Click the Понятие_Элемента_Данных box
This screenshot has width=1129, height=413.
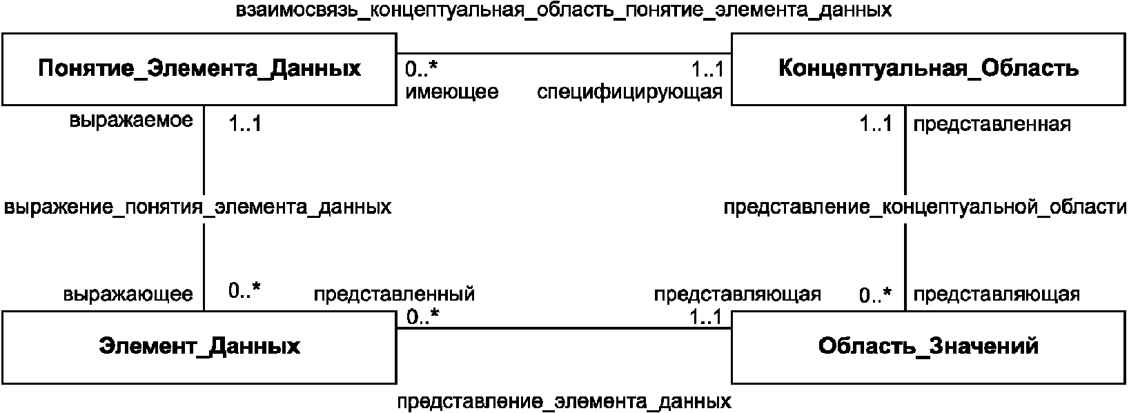pyautogui.click(x=199, y=69)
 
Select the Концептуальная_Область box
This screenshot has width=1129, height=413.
pyautogui.click(x=928, y=69)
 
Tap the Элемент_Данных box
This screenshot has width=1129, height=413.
pyautogui.click(x=199, y=346)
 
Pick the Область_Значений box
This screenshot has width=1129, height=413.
pyautogui.click(x=928, y=346)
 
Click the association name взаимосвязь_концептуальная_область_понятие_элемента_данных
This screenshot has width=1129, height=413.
pyautogui.click(x=563, y=11)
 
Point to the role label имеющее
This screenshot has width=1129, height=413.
pyautogui.click(x=452, y=92)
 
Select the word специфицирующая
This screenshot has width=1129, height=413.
pyautogui.click(x=629, y=92)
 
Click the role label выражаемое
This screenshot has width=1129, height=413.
pyautogui.click(x=131, y=121)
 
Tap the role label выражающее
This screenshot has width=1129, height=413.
pyautogui.click(x=128, y=294)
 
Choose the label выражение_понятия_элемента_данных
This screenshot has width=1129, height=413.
pyautogui.click(x=197, y=207)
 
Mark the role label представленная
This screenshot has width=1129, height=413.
pyautogui.click(x=992, y=124)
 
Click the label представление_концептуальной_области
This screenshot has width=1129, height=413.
pyautogui.click(x=925, y=207)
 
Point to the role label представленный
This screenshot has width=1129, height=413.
pyautogui.click(x=394, y=294)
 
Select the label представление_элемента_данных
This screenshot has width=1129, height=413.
pyautogui.click(x=564, y=401)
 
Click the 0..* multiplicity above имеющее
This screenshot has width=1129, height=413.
pyautogui.click(x=422, y=69)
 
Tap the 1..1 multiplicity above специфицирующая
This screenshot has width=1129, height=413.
pyautogui.click(x=707, y=69)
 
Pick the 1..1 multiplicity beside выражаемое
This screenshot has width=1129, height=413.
pyautogui.click(x=244, y=124)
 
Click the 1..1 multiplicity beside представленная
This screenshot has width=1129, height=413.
pyautogui.click(x=875, y=124)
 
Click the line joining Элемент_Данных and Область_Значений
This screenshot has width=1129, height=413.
pyautogui.click(x=563, y=328)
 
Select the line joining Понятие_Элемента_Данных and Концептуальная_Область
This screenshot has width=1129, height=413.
pyautogui.click(x=563, y=53)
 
